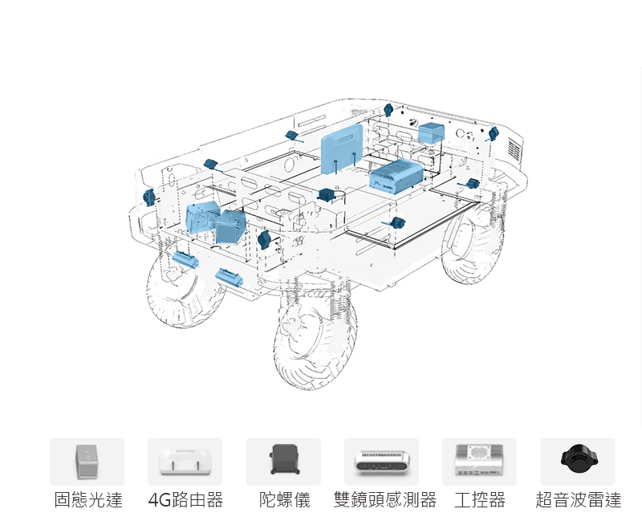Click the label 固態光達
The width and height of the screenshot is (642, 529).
coord(88,501)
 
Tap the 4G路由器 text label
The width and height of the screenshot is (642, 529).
coord(186,501)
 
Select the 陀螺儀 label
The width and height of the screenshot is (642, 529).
coord(284,501)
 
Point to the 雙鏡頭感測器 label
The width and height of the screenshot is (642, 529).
coord(385,501)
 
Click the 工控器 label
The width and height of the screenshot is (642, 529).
coord(480,501)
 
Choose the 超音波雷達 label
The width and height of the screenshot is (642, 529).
coord(579,501)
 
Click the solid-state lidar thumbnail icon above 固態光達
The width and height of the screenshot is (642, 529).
coord(87,461)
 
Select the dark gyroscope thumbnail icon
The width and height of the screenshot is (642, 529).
coord(283,461)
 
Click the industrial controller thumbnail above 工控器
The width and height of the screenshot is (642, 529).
coord(479,461)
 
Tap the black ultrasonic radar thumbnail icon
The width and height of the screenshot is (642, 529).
coord(578,459)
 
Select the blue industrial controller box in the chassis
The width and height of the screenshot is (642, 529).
coord(396,175)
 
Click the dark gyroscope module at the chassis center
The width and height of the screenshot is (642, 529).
coord(327,195)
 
